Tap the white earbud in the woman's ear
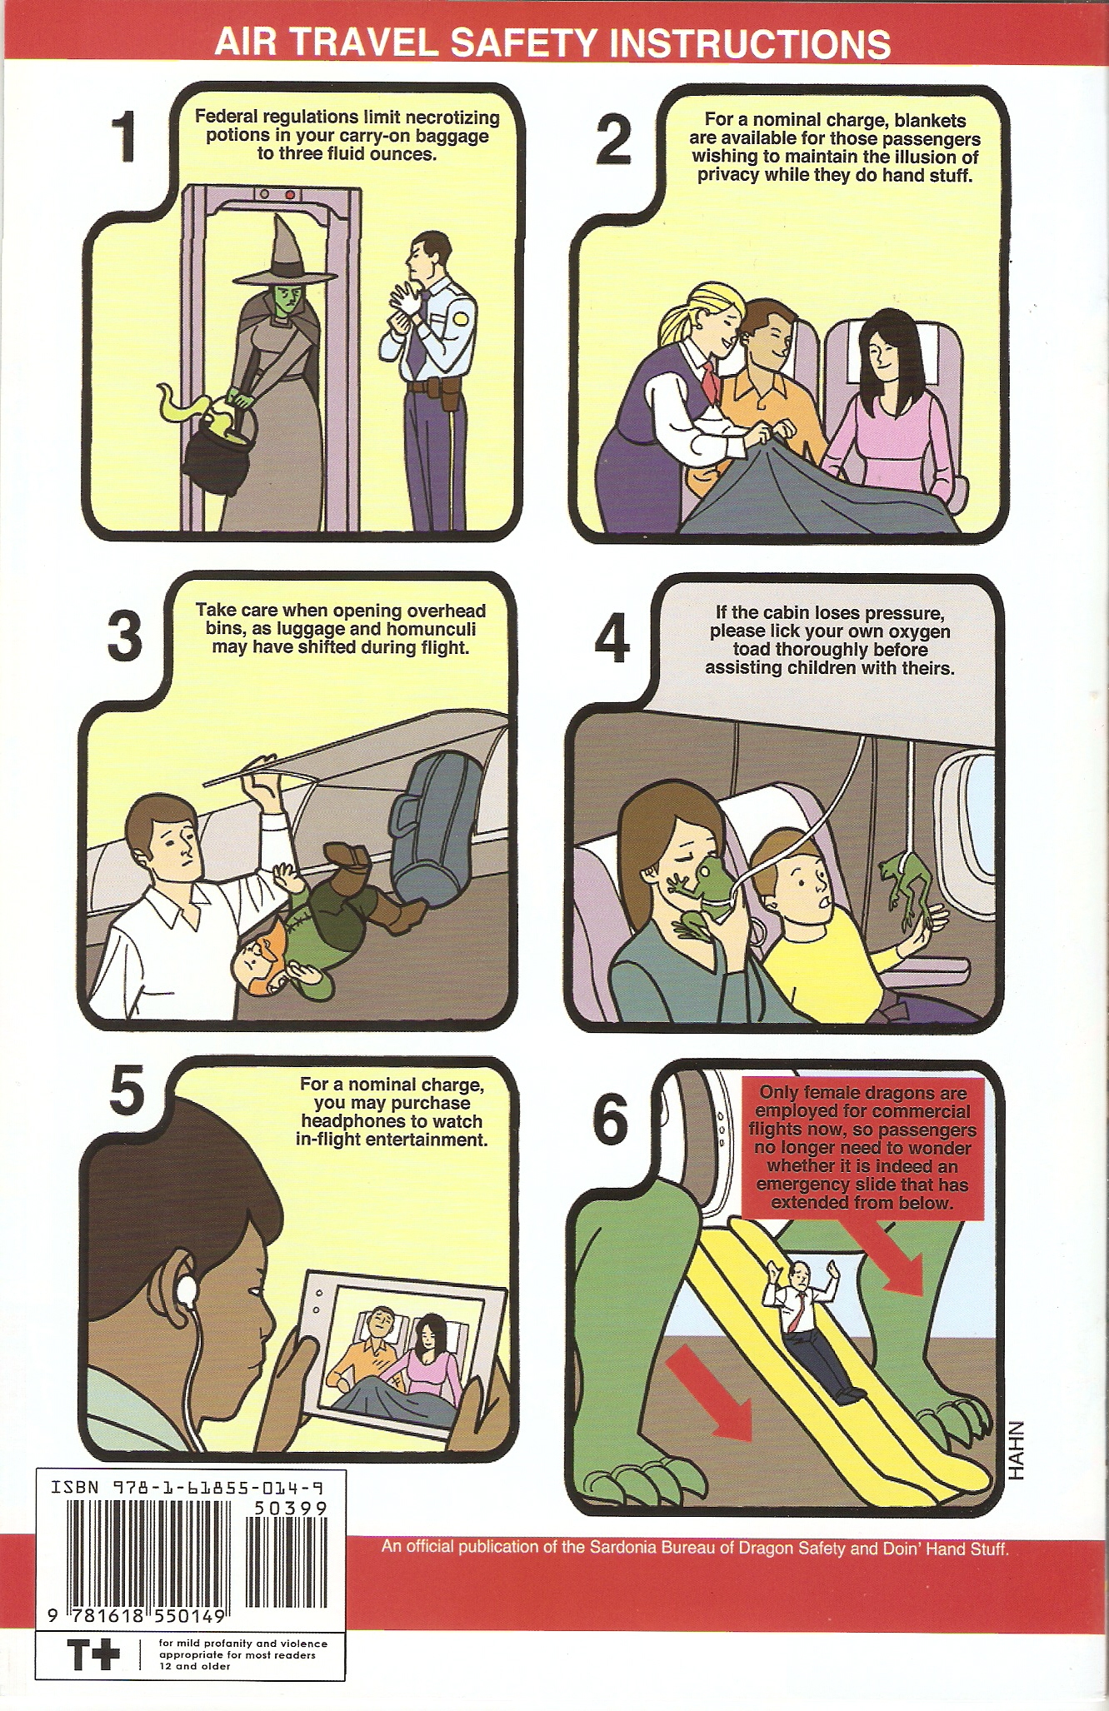coord(187,1290)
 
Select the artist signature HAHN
coord(1016,1450)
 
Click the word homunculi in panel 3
coord(432,629)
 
